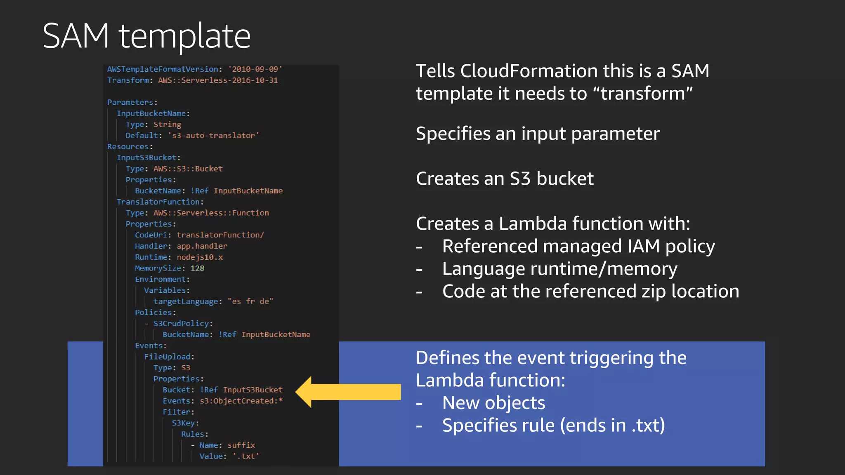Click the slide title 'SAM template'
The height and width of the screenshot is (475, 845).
146,36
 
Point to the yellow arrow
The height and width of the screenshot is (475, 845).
348,392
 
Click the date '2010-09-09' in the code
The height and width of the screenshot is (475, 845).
255,69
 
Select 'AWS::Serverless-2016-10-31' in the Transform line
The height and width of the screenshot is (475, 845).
218,80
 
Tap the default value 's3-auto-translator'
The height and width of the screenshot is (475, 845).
213,136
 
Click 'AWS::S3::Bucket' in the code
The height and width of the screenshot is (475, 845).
188,169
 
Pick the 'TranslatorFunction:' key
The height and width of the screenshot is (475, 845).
160,202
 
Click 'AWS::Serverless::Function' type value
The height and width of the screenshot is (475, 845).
211,213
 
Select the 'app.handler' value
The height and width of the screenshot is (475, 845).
202,246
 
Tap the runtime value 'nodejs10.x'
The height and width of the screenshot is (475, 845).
200,257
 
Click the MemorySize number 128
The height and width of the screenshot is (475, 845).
197,268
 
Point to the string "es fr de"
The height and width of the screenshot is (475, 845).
250,301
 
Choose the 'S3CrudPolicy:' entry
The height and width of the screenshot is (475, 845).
183,324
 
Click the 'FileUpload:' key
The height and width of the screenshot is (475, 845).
169,357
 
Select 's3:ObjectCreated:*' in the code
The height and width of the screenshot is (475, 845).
241,401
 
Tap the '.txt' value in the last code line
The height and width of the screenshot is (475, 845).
246,456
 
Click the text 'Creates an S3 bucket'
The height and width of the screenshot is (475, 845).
505,179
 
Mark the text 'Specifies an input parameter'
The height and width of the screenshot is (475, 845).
538,134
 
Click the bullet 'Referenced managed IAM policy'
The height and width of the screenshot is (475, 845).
578,246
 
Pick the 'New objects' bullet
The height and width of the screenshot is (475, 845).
493,403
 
